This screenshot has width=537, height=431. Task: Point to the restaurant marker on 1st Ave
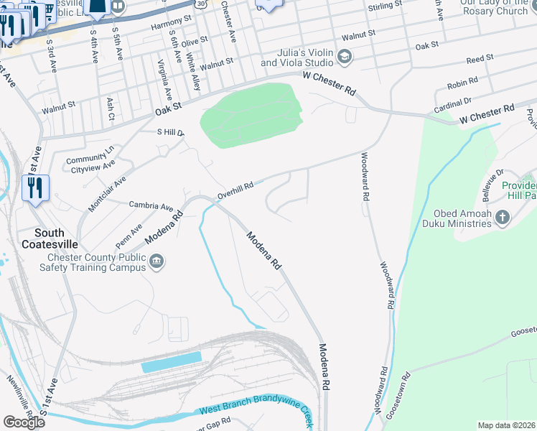pos(35,189)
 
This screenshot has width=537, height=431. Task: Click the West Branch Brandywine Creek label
pos(256,412)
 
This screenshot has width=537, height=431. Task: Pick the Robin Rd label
pos(462,84)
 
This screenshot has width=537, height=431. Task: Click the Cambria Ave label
pos(151,205)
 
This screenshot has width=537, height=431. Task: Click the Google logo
pos(24,422)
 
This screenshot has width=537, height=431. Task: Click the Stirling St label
pos(385,6)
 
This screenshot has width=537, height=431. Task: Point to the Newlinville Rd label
pos(19,398)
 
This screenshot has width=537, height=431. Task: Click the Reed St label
pos(480,57)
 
